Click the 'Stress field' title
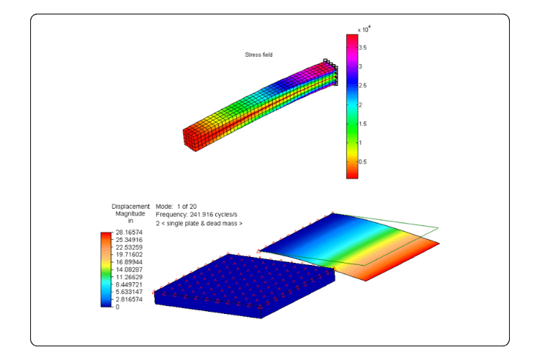click(258, 55)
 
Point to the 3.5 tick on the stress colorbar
click(363, 48)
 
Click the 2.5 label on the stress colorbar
click(363, 86)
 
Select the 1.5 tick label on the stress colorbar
click(363, 124)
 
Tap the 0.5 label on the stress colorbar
click(363, 161)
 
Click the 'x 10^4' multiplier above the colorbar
click(364, 30)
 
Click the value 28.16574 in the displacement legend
click(129, 233)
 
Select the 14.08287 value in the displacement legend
click(129, 270)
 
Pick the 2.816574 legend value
click(129, 300)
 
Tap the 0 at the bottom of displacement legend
click(117, 307)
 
